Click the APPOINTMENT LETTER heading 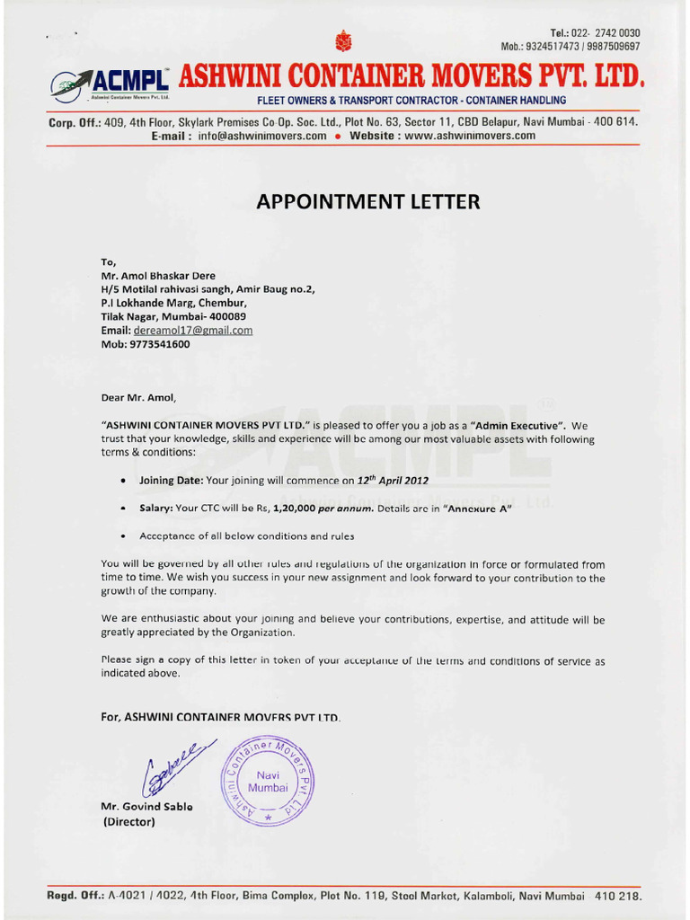click(368, 202)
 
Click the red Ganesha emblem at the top click(341, 40)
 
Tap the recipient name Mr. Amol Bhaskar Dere click(158, 276)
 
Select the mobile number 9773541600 click(159, 344)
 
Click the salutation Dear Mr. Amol click(139, 396)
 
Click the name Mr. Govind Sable click(146, 807)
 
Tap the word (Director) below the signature click(130, 822)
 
